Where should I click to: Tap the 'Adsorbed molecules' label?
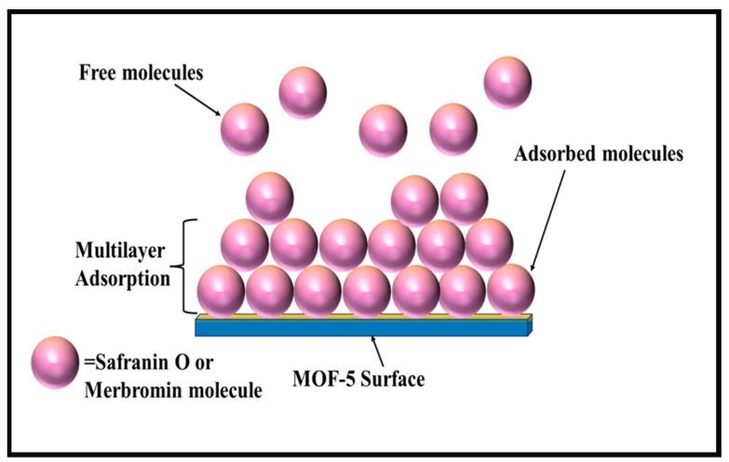point(599,155)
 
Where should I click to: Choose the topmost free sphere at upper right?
point(507,81)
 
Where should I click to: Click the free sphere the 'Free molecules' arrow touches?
point(244,128)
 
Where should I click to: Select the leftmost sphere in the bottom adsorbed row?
point(221,290)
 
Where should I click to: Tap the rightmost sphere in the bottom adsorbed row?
point(511,289)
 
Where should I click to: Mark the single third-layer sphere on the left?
point(269,198)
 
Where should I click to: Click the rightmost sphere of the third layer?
point(464,198)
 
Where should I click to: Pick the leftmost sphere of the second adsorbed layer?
point(245,244)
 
